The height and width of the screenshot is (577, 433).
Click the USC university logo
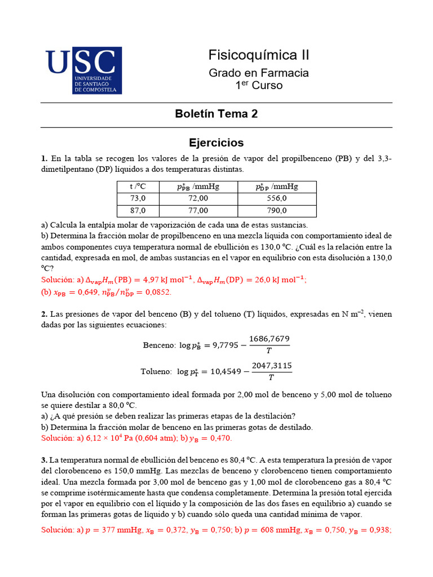coord(83,70)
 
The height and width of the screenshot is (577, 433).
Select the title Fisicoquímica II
coord(259,55)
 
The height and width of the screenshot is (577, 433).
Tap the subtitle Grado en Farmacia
coord(259,73)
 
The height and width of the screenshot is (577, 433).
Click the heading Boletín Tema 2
coord(216,114)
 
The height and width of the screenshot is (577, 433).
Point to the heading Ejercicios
coord(216,143)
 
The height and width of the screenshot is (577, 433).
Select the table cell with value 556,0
coord(276,198)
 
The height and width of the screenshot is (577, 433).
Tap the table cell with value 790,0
coord(276,211)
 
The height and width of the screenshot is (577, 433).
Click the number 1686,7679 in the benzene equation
coord(269,339)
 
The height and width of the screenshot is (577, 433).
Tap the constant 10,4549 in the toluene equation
coord(223,372)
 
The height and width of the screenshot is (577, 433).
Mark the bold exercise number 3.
coord(44,460)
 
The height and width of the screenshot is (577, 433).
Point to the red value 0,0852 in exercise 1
coord(157,292)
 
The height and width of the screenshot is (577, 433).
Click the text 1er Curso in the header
coord(259,86)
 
